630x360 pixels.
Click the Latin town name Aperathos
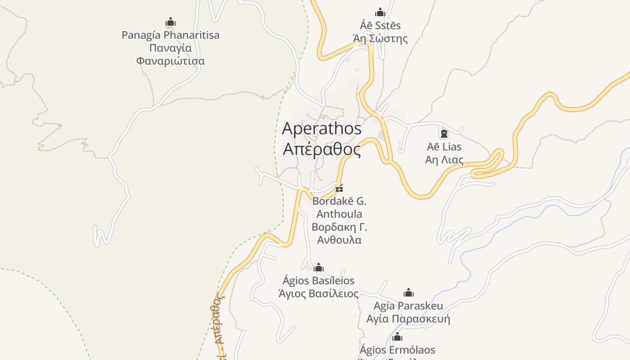pyautogui.click(x=321, y=129)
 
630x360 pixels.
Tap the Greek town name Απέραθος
pyautogui.click(x=321, y=149)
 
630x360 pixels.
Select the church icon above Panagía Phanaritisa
pyautogui.click(x=171, y=22)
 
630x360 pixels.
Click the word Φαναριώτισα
pyautogui.click(x=171, y=61)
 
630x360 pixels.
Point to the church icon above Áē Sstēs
pyautogui.click(x=380, y=12)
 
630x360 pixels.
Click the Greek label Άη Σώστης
pyautogui.click(x=380, y=39)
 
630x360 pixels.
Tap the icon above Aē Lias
pyautogui.click(x=444, y=133)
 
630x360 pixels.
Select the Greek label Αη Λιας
pyautogui.click(x=444, y=160)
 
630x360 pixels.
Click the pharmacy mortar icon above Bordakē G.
pyautogui.click(x=339, y=188)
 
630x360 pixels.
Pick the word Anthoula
pyautogui.click(x=339, y=214)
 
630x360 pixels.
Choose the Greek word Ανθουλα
pyautogui.click(x=339, y=240)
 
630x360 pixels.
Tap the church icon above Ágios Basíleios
pyautogui.click(x=319, y=267)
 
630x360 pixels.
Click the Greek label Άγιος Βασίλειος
pyautogui.click(x=319, y=294)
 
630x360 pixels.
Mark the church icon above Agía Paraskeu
pyautogui.click(x=409, y=292)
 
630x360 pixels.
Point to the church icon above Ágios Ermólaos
pyautogui.click(x=397, y=337)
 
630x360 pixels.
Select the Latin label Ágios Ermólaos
pyautogui.click(x=397, y=350)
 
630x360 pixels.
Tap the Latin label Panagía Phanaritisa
pyautogui.click(x=171, y=35)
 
